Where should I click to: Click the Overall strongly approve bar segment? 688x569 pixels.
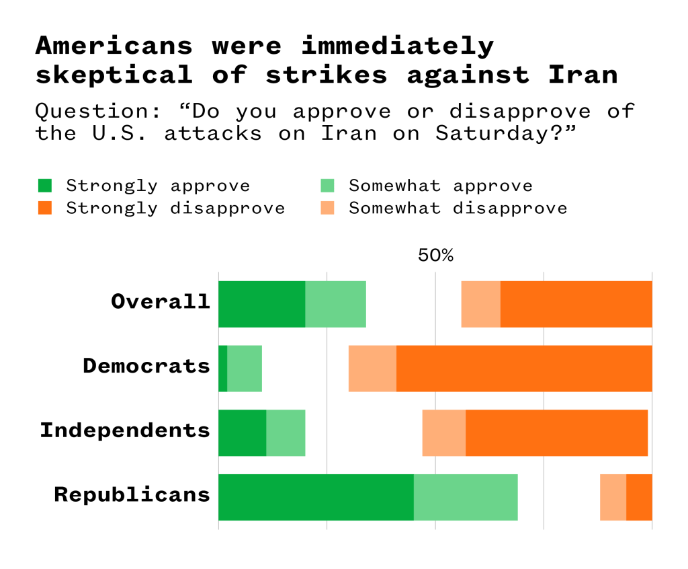click(x=261, y=304)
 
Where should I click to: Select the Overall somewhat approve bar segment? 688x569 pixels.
click(x=335, y=304)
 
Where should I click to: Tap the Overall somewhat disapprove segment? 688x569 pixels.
click(x=480, y=304)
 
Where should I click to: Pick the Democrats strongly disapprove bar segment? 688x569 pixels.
click(x=524, y=368)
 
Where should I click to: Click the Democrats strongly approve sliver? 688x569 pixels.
click(x=223, y=368)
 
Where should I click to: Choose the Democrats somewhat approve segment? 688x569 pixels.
click(x=245, y=368)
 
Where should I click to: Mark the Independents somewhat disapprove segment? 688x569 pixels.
click(x=443, y=432)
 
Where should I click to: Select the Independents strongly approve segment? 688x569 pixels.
click(x=242, y=432)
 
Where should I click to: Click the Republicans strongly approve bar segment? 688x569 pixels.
click(x=316, y=497)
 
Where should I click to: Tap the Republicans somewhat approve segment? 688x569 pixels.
click(x=466, y=497)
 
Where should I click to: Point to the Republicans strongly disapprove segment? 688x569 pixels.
click(x=639, y=497)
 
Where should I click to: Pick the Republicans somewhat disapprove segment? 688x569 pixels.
click(x=613, y=497)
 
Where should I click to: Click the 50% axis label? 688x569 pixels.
click(x=435, y=256)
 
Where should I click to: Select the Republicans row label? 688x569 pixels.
click(x=132, y=495)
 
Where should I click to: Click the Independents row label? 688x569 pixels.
click(x=125, y=430)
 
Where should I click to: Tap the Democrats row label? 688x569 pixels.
click(x=146, y=367)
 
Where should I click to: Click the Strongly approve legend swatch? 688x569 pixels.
click(x=45, y=186)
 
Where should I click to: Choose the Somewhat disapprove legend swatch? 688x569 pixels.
click(x=327, y=208)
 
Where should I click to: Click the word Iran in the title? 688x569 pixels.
click(x=583, y=75)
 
